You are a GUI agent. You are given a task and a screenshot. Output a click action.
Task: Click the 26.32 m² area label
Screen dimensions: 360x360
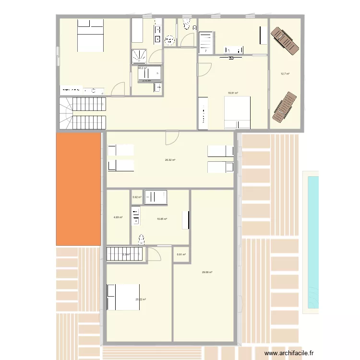(170, 160)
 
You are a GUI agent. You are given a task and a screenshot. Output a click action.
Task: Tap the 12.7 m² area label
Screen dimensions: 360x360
(285, 74)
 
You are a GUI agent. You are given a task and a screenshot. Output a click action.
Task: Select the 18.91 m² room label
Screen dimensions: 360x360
(233, 93)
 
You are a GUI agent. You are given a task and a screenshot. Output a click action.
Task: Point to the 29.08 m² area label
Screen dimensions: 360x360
(207, 272)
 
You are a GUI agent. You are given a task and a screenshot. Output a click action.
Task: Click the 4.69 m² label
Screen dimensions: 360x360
(118, 217)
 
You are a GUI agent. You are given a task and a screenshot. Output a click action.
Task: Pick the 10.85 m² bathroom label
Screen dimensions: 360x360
(162, 219)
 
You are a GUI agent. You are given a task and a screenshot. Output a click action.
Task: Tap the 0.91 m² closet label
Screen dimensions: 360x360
(181, 254)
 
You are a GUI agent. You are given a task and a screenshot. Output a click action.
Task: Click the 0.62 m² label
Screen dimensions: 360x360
(137, 197)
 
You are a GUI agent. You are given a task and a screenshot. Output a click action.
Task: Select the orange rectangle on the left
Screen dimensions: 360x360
(79, 189)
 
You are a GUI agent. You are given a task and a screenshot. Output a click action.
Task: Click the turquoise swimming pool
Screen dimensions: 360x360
(312, 242)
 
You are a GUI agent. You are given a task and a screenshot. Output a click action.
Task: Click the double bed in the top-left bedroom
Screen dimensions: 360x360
(91, 36)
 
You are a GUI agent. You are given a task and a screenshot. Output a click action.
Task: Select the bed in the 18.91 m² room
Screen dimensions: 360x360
(237, 112)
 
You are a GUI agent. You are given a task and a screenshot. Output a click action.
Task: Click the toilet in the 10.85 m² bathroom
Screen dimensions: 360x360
(141, 239)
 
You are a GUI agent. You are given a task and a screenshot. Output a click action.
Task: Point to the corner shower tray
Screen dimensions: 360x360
(140, 57)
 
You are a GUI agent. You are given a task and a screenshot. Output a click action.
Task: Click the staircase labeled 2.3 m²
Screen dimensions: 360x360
(125, 254)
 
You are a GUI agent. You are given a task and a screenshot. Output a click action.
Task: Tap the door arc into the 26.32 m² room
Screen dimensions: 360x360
(171, 138)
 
